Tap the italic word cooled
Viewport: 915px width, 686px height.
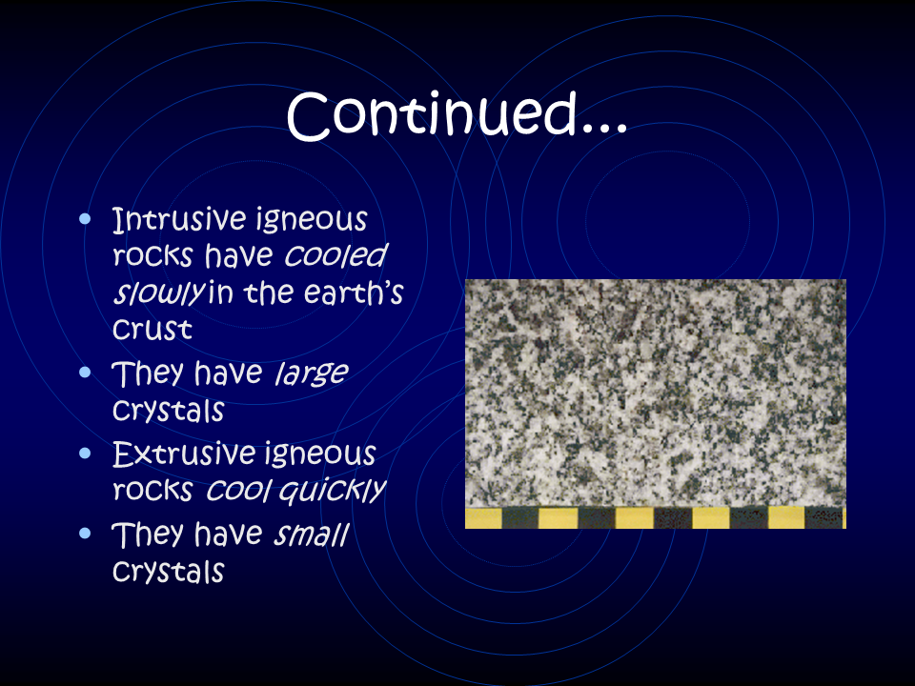[336, 254]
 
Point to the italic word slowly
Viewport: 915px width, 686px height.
[159, 293]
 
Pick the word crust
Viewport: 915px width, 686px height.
[152, 330]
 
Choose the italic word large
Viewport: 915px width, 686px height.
[312, 373]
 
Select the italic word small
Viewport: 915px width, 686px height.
[312, 534]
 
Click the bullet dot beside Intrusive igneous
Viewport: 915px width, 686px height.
[85, 219]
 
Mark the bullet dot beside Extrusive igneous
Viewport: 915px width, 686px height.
[85, 454]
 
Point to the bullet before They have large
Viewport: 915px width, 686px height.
[85, 373]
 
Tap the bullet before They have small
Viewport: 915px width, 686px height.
[85, 534]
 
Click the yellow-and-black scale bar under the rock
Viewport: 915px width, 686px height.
[656, 518]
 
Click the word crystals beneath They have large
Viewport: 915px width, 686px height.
[168, 411]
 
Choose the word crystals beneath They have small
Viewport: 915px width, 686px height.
[168, 571]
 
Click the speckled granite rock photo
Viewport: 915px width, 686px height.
[656, 393]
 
